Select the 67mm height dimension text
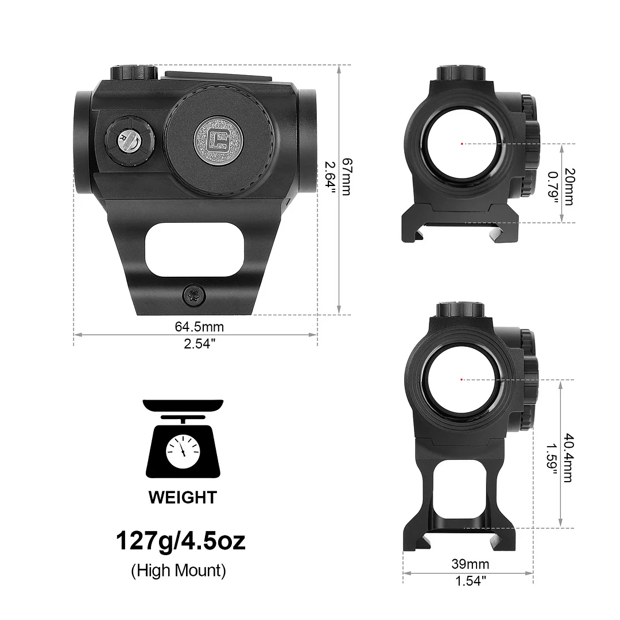(x=345, y=176)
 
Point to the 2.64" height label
(x=330, y=176)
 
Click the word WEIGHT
(x=183, y=497)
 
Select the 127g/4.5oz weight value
(x=181, y=541)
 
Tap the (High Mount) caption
(x=179, y=571)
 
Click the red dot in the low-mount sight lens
(x=462, y=144)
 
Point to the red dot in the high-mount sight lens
(x=462, y=379)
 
